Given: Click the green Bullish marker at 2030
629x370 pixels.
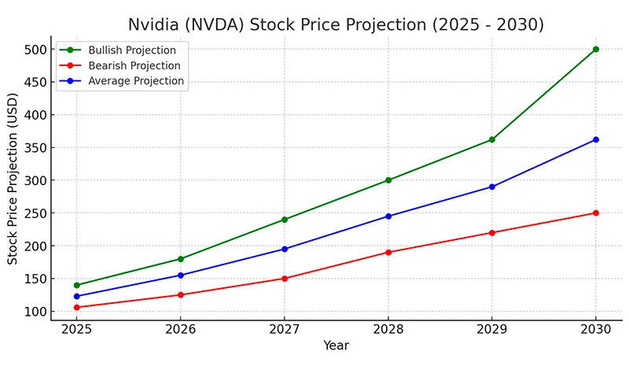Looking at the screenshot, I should pos(595,49).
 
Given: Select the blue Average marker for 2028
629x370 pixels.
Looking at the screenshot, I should pos(388,216).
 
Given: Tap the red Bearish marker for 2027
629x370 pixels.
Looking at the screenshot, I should pos(284,279).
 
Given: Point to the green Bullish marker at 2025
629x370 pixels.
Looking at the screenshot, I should pos(76,285).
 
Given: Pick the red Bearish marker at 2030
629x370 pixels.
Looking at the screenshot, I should pos(595,213).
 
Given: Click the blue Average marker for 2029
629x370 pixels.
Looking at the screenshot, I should pos(491,187).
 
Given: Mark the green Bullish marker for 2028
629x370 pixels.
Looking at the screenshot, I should pos(388,180).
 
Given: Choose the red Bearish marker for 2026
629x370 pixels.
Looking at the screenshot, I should pos(180,295).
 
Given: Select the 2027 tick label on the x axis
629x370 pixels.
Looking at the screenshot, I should pos(284,329).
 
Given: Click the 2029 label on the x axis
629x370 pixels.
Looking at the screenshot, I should pos(491,329).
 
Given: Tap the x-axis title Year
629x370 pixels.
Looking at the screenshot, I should pos(336,346).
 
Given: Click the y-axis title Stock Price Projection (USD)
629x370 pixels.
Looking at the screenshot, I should pos(13,180).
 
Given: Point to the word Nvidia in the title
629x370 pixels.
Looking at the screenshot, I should pos(154,24).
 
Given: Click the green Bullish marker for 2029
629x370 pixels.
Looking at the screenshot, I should pos(491,139).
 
